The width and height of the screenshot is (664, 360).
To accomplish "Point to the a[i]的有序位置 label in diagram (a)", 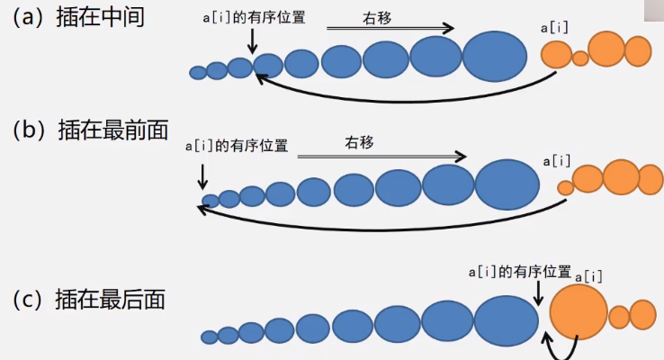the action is (x=255, y=16).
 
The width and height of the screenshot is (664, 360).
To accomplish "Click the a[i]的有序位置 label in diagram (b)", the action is (x=237, y=145).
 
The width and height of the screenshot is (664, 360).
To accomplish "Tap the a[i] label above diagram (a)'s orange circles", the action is (x=555, y=29).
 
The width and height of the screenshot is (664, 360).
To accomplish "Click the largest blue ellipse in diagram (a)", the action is (x=494, y=56).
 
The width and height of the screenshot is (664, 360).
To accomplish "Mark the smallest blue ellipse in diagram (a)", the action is (x=198, y=73).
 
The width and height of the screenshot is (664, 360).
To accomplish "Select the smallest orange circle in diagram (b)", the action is (x=565, y=188).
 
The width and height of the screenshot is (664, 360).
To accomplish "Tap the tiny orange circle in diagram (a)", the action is (x=580, y=58).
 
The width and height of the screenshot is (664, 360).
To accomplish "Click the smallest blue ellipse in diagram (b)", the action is (x=210, y=201).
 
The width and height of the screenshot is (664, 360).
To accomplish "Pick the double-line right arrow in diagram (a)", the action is (x=389, y=30).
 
